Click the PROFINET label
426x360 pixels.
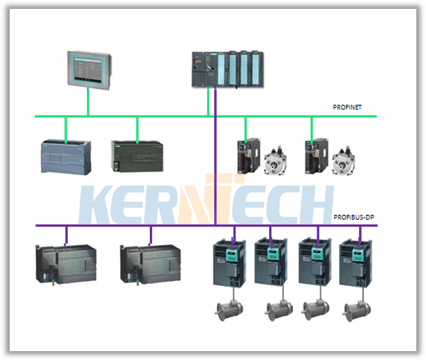[347, 107]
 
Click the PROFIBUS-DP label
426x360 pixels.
[354, 217]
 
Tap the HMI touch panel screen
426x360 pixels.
[88, 68]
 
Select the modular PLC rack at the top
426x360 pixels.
[228, 69]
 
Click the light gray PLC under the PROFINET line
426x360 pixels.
[66, 157]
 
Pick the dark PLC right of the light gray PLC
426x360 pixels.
[137, 156]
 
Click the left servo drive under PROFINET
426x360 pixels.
[248, 155]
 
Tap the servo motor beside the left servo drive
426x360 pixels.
[275, 161]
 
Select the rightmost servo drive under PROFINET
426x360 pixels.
[316, 155]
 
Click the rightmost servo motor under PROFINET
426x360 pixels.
[343, 161]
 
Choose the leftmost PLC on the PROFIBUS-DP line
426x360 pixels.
[66, 264]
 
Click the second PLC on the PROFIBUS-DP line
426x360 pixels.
[151, 264]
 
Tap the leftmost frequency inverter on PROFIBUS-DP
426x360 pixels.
[230, 263]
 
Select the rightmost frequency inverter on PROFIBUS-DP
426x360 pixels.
[356, 263]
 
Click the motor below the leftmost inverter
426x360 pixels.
[230, 310]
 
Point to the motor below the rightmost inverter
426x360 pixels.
[358, 311]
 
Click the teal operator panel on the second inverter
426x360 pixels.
[272, 254]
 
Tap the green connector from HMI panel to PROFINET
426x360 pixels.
[88, 102]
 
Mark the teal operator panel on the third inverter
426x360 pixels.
[316, 254]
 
